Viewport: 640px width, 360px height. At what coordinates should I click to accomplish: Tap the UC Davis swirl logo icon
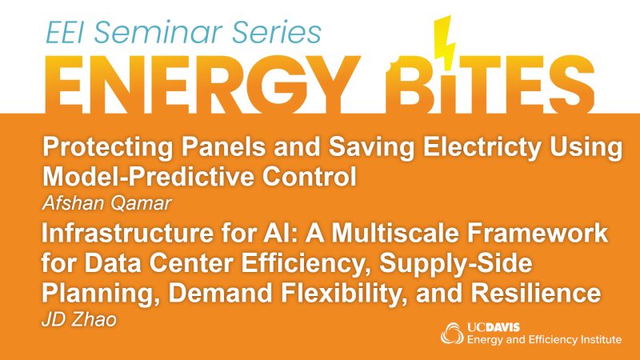452,334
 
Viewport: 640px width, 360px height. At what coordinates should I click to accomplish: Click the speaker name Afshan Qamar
107,203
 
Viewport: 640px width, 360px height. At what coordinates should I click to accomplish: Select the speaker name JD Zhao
79,319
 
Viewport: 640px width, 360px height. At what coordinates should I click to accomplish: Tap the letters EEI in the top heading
66,32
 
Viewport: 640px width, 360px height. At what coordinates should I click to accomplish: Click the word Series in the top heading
277,32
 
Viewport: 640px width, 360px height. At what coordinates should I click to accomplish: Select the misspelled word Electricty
482,147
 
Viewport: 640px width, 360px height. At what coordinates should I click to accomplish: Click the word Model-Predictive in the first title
148,177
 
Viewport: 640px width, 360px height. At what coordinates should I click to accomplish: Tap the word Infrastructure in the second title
127,233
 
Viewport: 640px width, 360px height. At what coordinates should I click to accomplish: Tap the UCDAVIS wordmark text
494,327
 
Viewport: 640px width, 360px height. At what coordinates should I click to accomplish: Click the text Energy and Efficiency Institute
544,340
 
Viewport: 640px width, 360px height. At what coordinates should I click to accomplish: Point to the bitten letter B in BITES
412,86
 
